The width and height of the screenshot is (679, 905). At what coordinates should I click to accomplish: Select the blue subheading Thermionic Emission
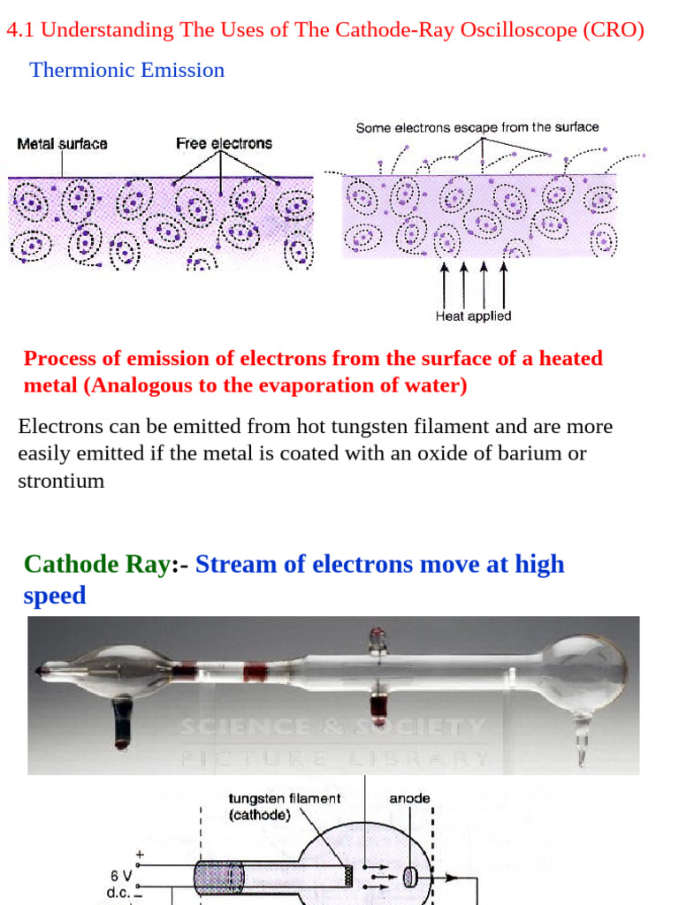point(127,70)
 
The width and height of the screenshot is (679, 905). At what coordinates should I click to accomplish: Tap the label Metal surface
point(62,143)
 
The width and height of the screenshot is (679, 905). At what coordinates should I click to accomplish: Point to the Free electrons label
point(224,143)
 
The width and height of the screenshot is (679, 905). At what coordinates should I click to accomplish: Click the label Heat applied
point(473,316)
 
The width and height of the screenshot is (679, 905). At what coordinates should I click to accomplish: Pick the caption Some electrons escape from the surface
point(477,127)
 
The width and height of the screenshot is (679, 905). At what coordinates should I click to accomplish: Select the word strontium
point(61,482)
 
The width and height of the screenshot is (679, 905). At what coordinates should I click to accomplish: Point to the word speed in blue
point(55,595)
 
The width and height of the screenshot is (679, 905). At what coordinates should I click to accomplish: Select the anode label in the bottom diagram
point(410,798)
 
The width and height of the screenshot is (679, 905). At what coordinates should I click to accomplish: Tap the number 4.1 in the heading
point(21,30)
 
